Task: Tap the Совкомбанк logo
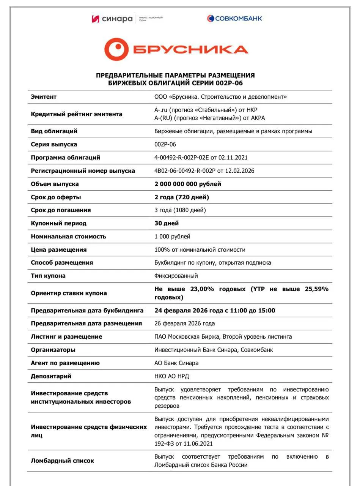pos(234,18)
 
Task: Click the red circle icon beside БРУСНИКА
pos(114,49)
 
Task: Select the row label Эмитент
pos(44,97)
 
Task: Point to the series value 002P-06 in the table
pos(165,144)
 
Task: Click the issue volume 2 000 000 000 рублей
pos(187,184)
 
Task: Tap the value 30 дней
pos(167,223)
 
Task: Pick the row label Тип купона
pos(48,276)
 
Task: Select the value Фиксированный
pos(176,276)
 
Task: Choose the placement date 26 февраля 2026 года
pos(184,323)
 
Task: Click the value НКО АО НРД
pos(171,376)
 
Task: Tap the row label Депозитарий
pos(51,376)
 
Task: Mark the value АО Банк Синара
pos(176,363)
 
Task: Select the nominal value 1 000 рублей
pos(172,237)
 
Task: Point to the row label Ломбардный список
pos(62,461)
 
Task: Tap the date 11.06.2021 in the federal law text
pos(198,443)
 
